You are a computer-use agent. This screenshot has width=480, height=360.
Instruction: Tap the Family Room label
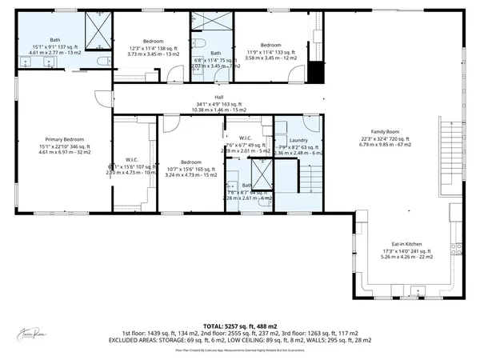point(384,131)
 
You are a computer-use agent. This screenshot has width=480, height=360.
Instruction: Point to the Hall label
point(218,98)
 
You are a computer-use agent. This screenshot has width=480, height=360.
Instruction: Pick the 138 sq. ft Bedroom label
point(153,41)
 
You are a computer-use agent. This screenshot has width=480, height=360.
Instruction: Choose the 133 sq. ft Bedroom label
point(270,46)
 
